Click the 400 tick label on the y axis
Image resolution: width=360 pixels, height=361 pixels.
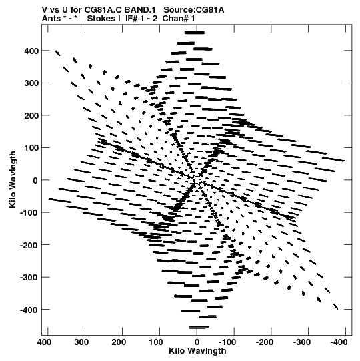[31, 51]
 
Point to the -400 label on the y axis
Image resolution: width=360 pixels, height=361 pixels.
[29, 310]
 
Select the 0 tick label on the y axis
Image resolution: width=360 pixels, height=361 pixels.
[35, 180]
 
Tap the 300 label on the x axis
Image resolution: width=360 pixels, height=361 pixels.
[81, 342]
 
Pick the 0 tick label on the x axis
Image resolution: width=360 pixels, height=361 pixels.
[197, 342]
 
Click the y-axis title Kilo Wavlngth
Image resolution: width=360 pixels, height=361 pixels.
[13, 179]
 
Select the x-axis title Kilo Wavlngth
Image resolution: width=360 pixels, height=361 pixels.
[197, 351]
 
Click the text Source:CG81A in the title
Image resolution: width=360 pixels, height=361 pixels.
[194, 10]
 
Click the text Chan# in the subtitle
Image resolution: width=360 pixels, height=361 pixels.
[175, 19]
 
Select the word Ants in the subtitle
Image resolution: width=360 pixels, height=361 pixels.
[51, 19]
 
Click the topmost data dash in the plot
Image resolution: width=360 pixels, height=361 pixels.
[195, 33]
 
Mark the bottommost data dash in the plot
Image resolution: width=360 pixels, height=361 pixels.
[199, 327]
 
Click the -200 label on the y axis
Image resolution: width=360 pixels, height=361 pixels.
[29, 245]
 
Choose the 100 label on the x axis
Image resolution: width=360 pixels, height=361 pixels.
[156, 342]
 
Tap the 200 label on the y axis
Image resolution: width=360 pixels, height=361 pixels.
[31, 115]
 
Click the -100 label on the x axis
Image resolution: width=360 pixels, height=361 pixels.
[227, 342]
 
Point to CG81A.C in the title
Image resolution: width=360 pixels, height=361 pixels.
[103, 10]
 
